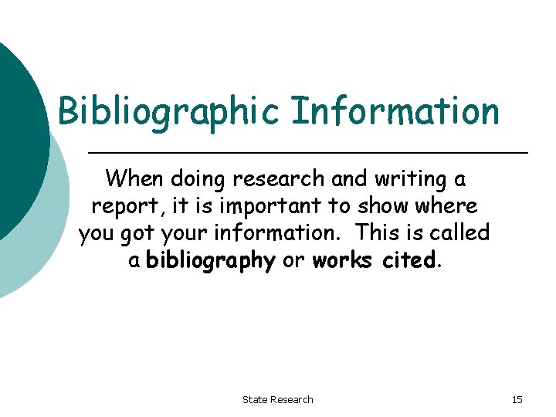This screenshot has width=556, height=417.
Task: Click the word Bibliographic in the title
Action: pos(168,111)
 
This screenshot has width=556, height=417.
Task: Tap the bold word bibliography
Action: pos(211,261)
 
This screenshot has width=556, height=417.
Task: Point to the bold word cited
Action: pos(409,261)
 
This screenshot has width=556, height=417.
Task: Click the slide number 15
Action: pos(517,399)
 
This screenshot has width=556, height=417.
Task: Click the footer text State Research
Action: pos(278,399)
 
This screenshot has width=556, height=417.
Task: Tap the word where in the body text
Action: pos(451,207)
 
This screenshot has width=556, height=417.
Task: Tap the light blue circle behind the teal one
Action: pos(39,255)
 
